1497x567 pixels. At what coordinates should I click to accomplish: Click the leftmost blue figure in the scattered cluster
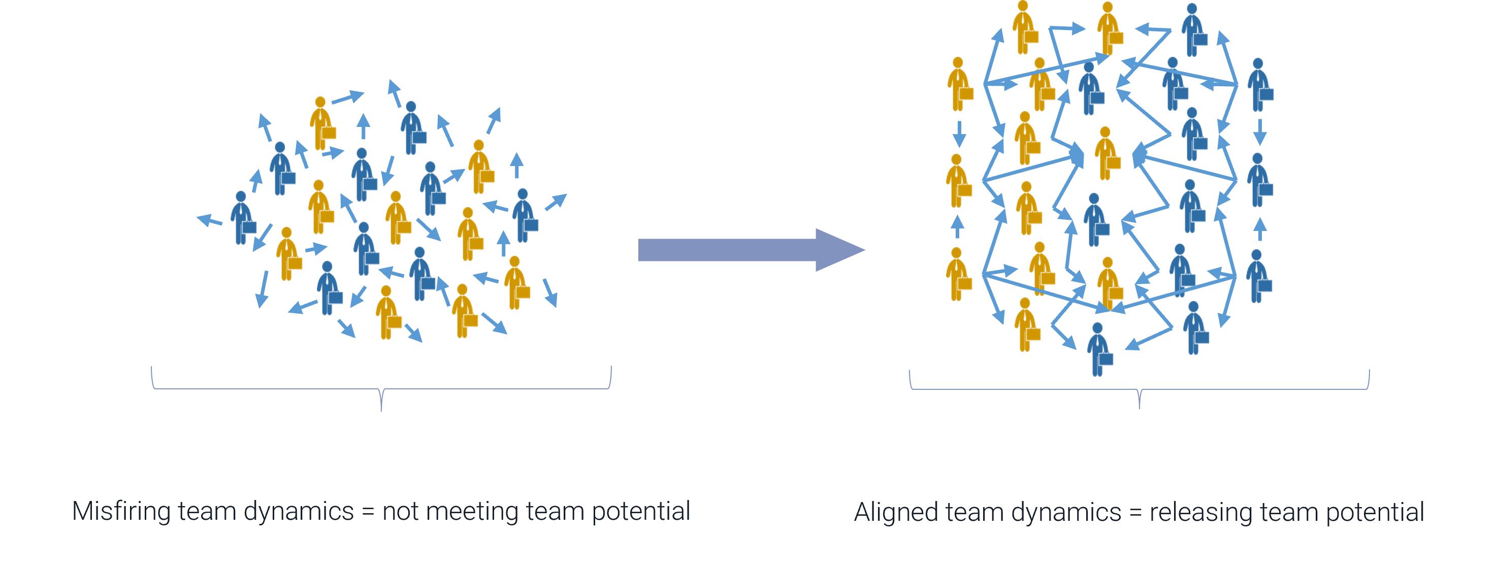click(242, 218)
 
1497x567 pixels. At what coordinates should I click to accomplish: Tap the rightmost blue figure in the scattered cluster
click(524, 215)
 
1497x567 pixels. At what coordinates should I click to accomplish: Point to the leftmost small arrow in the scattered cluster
click(209, 220)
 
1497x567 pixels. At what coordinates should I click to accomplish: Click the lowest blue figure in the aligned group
click(1098, 349)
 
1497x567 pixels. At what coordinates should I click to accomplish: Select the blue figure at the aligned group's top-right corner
click(1259, 84)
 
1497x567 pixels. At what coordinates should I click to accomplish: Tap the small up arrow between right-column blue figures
click(1259, 229)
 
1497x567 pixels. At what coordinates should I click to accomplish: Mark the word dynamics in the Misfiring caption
click(298, 511)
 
